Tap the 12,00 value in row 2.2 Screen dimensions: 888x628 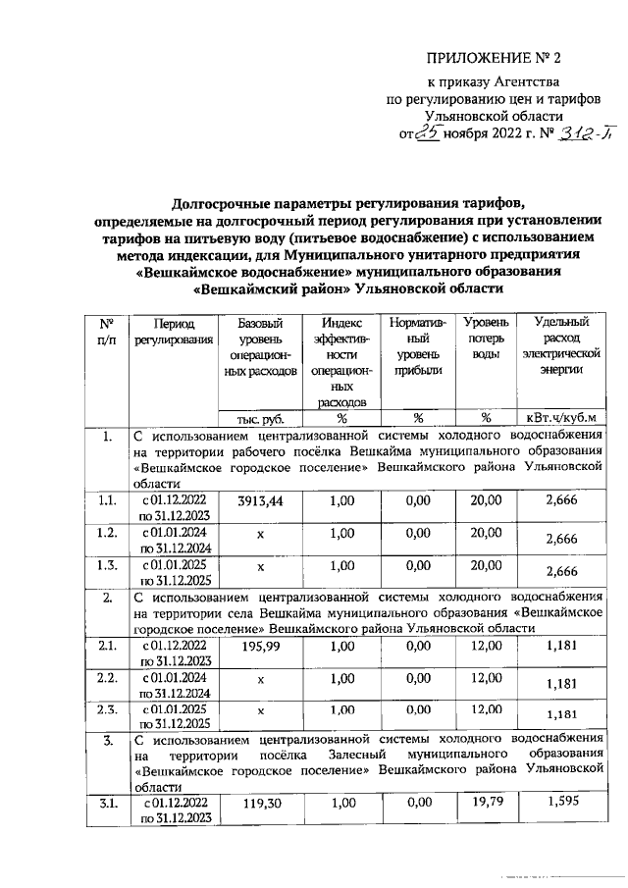click(486, 678)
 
